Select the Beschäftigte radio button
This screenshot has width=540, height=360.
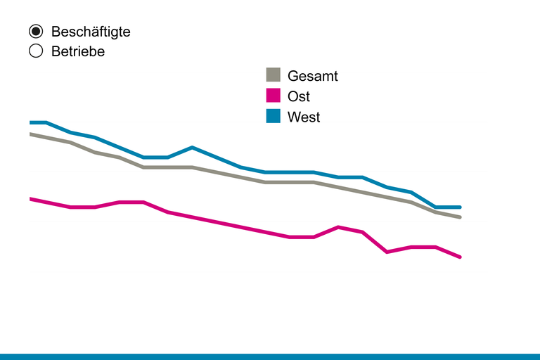point(36,32)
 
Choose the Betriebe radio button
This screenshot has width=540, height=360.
point(36,51)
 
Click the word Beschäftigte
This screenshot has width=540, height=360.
point(91,32)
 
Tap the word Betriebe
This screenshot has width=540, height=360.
point(77,51)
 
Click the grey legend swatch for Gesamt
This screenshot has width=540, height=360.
point(274,76)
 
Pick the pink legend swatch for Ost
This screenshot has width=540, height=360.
point(274,96)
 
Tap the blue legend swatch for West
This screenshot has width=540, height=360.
point(274,117)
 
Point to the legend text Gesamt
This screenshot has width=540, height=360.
point(312,76)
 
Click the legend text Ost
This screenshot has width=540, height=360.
point(299,96)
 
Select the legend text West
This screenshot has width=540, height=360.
point(304,117)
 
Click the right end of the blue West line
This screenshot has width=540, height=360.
point(460,207)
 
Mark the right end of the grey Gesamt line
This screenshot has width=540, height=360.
point(460,217)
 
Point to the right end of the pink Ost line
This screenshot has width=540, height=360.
point(460,257)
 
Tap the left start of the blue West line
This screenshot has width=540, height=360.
point(31,122)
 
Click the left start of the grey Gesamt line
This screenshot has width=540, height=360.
point(31,134)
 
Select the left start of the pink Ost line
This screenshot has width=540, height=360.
point(31,199)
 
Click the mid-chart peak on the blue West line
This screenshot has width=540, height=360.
point(192,148)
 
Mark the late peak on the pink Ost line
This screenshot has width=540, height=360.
point(339,227)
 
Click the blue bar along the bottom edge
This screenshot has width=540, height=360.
point(270,356)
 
